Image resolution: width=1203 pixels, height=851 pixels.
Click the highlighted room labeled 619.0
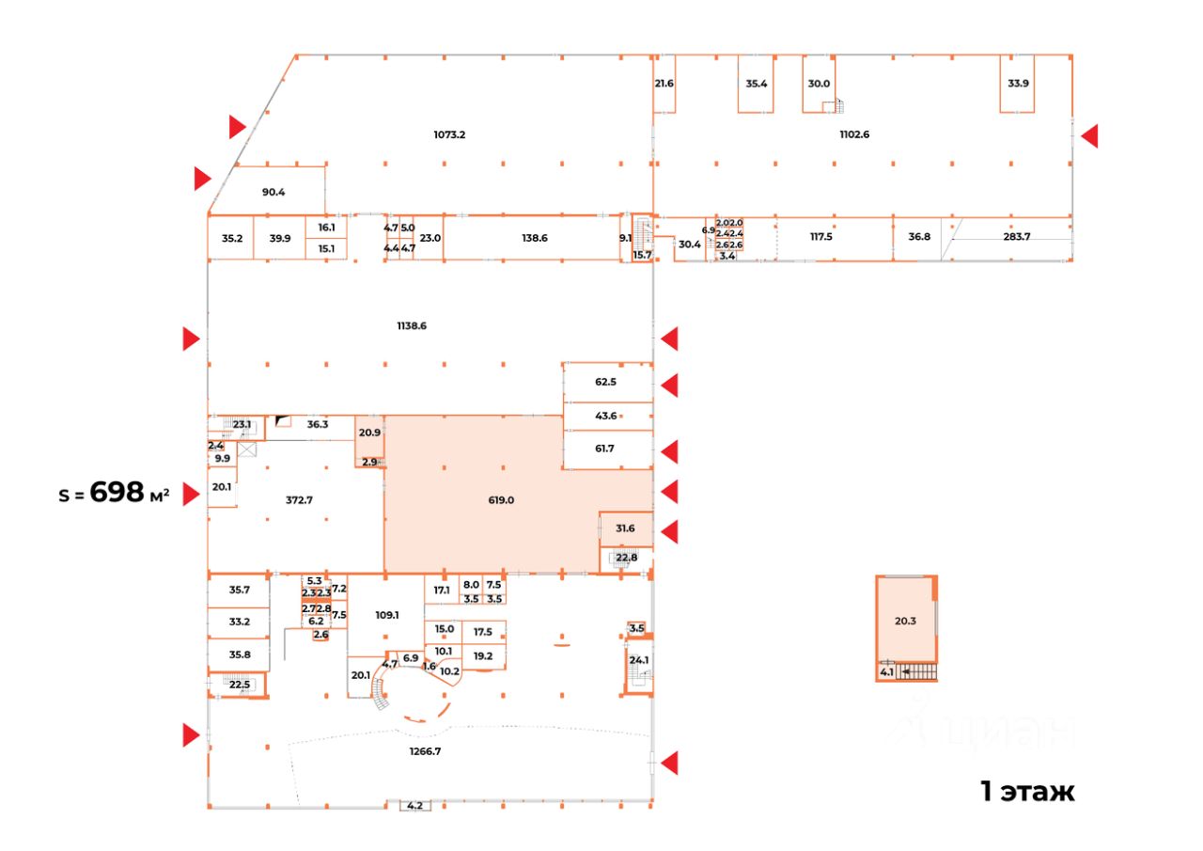(501, 500)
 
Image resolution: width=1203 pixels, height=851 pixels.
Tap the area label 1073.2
(449, 134)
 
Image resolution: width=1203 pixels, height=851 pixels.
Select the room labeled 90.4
(273, 193)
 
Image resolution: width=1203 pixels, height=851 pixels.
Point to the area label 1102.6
(854, 134)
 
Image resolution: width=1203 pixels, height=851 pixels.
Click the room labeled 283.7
(1017, 237)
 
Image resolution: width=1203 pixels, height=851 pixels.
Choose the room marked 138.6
(534, 238)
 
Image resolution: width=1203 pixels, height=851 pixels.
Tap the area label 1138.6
(412, 326)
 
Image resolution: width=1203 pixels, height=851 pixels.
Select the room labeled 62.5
(606, 382)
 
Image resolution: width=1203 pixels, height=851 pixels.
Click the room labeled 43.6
(606, 416)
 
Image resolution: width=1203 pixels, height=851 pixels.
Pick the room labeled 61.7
(604, 449)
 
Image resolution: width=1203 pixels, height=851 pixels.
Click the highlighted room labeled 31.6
(625, 528)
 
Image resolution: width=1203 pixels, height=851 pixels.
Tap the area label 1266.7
(426, 750)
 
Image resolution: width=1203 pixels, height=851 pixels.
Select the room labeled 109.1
(386, 615)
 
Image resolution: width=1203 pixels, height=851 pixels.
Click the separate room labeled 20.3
(905, 621)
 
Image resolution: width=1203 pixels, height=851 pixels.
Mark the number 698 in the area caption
(117, 492)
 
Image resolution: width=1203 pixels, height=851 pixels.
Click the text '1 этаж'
(1027, 792)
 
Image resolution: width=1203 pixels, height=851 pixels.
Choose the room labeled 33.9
(1018, 84)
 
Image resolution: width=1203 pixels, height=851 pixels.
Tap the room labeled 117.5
(821, 237)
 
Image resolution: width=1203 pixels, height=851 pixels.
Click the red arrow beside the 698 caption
(192, 493)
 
